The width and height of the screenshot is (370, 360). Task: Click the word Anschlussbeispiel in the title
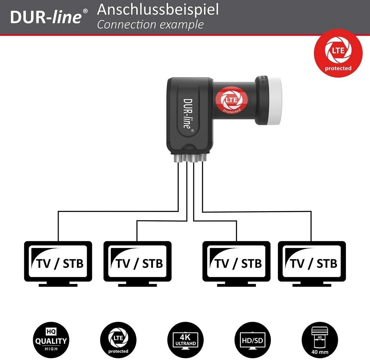click(158, 10)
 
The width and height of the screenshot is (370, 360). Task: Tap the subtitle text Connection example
click(150, 25)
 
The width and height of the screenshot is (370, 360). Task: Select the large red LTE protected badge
click(338, 53)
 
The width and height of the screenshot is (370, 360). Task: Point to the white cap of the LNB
click(272, 100)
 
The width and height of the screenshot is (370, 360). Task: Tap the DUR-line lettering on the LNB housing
click(188, 113)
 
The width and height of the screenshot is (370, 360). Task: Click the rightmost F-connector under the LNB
click(202, 158)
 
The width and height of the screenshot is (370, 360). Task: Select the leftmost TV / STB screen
click(58, 261)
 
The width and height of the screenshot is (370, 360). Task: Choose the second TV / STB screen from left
click(137, 261)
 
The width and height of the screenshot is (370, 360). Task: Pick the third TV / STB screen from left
click(236, 261)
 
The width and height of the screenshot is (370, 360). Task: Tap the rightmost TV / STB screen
click(312, 261)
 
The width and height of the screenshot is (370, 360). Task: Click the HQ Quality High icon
click(51, 340)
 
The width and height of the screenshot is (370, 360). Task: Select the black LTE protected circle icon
click(118, 340)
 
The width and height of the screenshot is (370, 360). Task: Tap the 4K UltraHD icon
click(186, 340)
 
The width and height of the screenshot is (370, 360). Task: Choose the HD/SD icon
click(253, 340)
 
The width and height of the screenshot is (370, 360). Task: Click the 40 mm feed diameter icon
click(320, 340)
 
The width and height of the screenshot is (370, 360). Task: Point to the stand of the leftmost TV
click(58, 284)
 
